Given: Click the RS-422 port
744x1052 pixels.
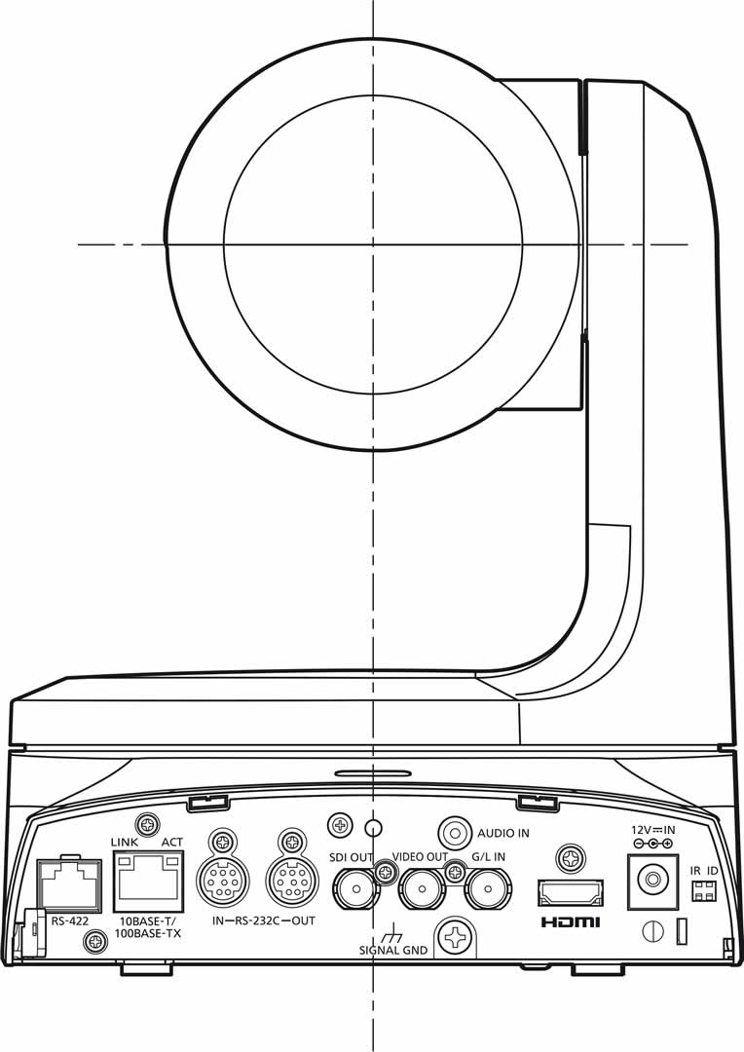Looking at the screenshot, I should pos(67,887).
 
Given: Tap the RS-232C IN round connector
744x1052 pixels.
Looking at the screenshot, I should pos(222,883).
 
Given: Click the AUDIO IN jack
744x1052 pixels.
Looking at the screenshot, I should pos(455,833).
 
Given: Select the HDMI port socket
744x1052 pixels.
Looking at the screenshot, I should pos(570,892).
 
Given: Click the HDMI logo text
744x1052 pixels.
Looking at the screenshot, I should pos(570,921).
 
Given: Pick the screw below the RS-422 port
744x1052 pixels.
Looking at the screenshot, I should pos(95,941).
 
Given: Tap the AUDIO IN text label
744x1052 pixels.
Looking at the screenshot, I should pos(502,834).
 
